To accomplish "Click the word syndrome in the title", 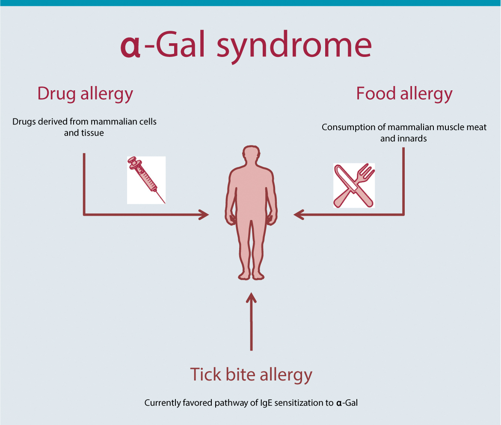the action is [294, 47].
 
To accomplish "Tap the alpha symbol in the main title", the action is [130, 47].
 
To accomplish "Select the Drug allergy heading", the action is [85, 94].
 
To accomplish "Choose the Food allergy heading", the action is [404, 94].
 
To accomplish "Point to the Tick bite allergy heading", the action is [251, 374].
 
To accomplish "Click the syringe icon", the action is [146, 180].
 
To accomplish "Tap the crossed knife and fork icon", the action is [354, 186].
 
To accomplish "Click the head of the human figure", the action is [251, 155].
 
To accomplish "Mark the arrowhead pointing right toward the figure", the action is [204, 214].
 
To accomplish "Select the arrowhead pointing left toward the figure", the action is [299, 214].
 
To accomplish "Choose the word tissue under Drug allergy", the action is [92, 133].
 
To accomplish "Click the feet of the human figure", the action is [251, 276].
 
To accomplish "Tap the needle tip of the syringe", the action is [165, 203].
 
